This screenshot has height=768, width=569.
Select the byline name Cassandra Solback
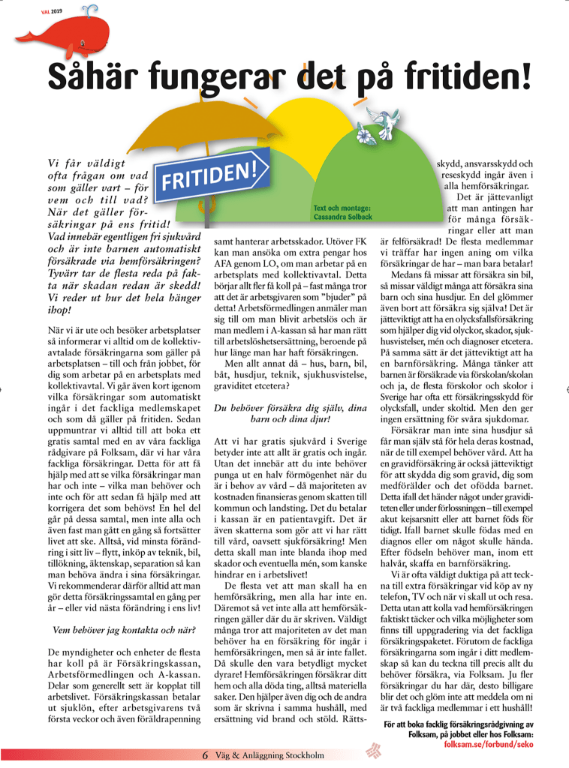(x=342, y=217)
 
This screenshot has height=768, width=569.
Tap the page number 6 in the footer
(x=205, y=754)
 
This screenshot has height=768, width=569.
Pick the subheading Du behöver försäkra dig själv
(x=290, y=409)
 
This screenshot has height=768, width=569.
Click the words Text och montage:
(x=342, y=207)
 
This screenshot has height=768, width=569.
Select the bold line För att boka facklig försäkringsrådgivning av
(x=458, y=724)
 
